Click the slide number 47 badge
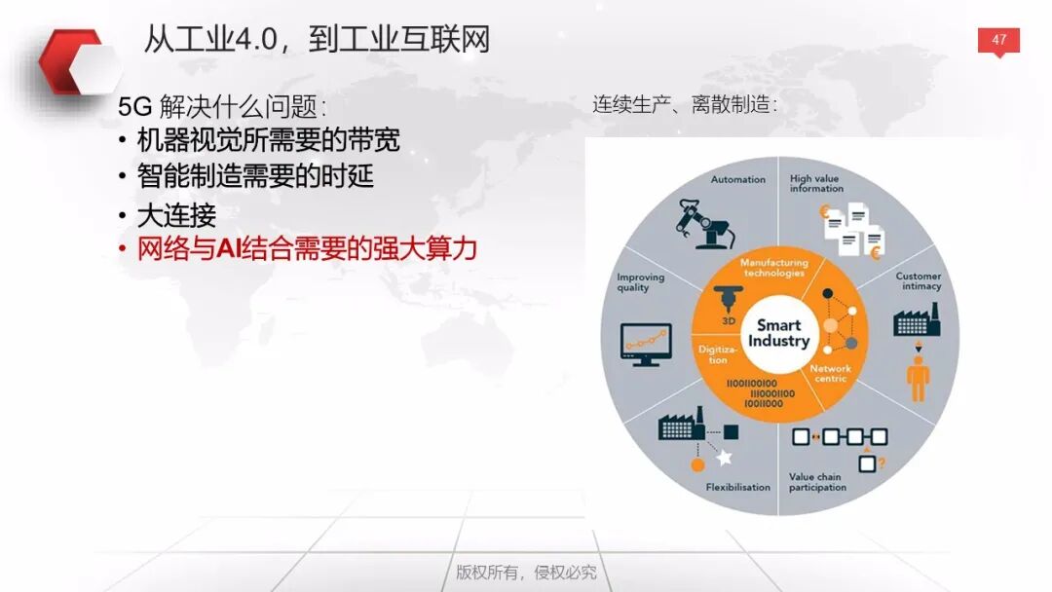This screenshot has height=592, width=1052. pos(998,41)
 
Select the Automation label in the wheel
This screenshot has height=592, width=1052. pos(737,179)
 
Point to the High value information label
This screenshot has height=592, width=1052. pos(815,183)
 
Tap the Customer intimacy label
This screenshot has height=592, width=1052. pos(918,281)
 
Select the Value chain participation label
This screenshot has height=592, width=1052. pos(817,482)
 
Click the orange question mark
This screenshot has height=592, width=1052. pos(881,463)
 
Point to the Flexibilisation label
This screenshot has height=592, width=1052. pos(737,487)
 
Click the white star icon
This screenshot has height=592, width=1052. pos(724,457)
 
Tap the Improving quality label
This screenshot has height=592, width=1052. pos(640,281)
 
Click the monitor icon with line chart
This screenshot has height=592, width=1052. pos(645,344)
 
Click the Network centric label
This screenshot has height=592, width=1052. pos(830,373)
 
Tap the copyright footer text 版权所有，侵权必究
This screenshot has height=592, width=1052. pos(526,572)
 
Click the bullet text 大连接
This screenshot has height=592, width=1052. pos(176,214)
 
